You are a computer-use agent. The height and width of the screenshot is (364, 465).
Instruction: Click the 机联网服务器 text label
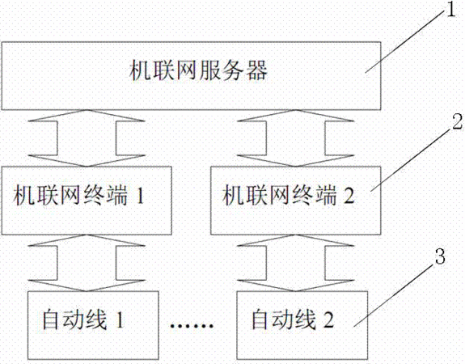tap(198, 70)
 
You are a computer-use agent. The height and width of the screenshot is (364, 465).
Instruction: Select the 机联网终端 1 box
tap(87, 201)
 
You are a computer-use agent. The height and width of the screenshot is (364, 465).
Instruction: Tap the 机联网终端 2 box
tap(296, 201)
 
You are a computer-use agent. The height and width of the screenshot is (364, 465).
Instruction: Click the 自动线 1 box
tap(93, 326)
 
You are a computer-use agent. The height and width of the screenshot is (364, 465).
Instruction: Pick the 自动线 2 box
tap(302, 326)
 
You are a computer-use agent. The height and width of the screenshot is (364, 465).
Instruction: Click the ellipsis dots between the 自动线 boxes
tap(192, 325)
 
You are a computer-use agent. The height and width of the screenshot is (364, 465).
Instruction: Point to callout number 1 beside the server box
tap(450, 9)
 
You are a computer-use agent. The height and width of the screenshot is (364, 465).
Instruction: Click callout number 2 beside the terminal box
tap(457, 122)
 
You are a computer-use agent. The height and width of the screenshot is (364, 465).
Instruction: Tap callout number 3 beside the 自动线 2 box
tap(440, 256)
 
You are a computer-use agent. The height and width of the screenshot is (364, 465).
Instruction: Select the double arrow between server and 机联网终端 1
tap(87, 138)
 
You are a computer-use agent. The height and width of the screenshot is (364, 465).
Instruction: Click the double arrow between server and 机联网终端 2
tap(296, 138)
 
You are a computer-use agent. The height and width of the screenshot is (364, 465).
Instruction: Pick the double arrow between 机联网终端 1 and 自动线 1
tap(87, 263)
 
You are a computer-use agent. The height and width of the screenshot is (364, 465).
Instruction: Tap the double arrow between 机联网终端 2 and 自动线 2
tap(296, 263)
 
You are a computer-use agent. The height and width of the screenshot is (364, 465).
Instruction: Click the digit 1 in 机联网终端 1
tap(140, 196)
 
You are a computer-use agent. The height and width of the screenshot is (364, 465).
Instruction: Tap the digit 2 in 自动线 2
tap(328, 320)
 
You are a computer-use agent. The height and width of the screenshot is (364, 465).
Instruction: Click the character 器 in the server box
tap(257, 70)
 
